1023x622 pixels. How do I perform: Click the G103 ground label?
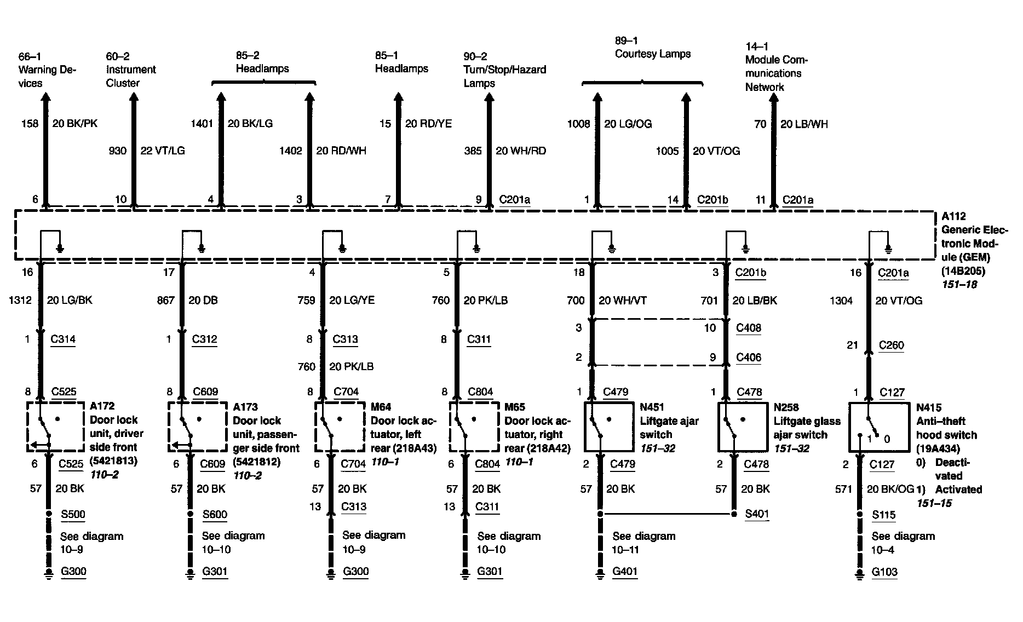point(884,572)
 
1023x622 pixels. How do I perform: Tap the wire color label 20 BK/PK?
point(75,124)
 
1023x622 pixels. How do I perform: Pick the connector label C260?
point(891,345)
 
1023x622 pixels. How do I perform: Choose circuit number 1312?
point(21,300)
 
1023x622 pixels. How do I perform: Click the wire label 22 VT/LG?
point(163,151)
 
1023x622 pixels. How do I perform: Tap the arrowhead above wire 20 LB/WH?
point(774,99)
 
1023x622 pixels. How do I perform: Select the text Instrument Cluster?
point(131,76)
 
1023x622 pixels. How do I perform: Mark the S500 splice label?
point(73,514)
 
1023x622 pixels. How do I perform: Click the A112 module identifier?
point(953,216)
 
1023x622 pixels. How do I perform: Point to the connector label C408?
point(749,328)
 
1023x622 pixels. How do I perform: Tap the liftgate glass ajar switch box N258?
point(742,427)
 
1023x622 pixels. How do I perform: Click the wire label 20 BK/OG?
point(890,489)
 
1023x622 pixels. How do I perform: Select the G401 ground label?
point(625,572)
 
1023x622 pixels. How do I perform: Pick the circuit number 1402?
point(290,151)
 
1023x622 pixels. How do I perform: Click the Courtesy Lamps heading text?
point(652,54)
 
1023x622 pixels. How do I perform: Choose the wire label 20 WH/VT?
point(623,301)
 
